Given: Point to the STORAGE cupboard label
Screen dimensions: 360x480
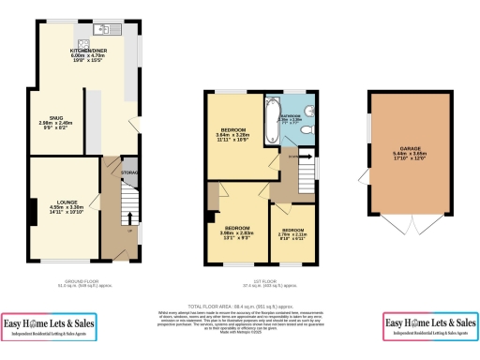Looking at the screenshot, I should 130,172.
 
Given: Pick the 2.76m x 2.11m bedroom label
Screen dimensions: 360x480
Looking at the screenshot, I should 293,233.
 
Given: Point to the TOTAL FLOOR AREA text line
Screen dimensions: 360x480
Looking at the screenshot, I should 239,307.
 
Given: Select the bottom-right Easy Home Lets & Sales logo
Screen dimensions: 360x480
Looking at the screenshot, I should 430,327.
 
